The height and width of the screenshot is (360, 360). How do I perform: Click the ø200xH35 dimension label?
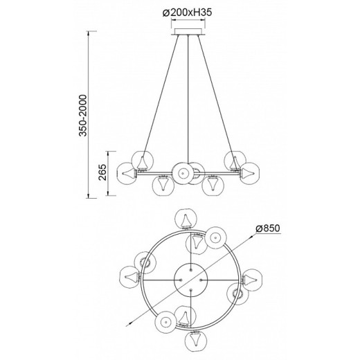[x=187, y=12]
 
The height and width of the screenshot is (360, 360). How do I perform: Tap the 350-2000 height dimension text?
[x=82, y=116]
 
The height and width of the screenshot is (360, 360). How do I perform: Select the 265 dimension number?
[x=102, y=172]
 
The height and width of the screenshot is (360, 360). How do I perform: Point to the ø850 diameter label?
[x=268, y=228]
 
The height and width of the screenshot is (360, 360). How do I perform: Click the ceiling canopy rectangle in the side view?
[x=188, y=32]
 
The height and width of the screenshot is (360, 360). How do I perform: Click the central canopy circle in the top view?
[x=191, y=280]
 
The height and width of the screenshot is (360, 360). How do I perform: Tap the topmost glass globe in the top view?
[x=186, y=219]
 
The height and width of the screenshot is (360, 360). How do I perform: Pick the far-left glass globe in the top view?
[x=130, y=277]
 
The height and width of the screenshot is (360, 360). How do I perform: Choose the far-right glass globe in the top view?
[x=252, y=280]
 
